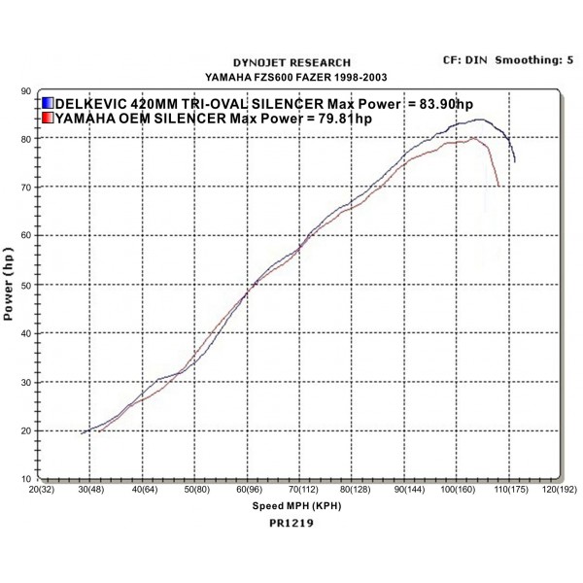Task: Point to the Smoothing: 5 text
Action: coord(532,60)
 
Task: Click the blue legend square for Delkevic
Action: coord(48,103)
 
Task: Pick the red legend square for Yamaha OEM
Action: coord(48,119)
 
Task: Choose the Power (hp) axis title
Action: coord(9,284)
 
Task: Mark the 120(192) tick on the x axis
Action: coord(561,492)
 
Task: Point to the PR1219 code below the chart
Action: coord(292,522)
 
